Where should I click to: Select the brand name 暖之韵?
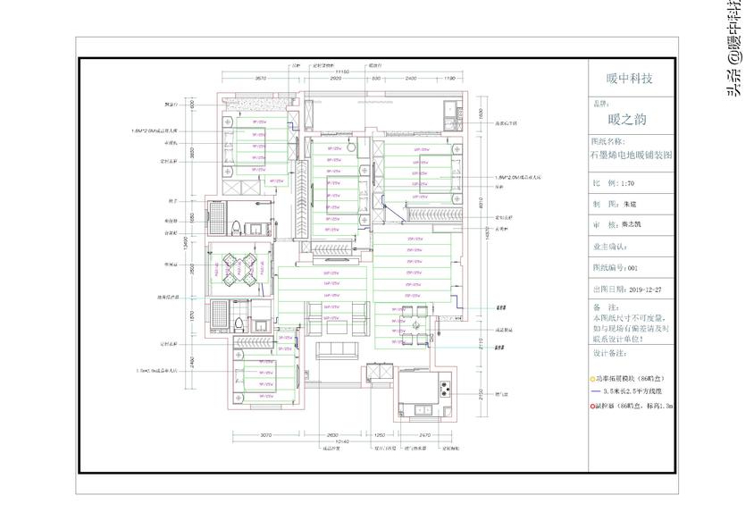[626, 118]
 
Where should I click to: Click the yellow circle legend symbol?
[594, 379]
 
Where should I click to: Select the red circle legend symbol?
[594, 405]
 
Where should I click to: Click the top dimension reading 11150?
[340, 70]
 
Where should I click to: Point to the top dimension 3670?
[262, 79]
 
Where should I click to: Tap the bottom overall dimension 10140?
[340, 441]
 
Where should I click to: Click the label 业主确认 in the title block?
[610, 246]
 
